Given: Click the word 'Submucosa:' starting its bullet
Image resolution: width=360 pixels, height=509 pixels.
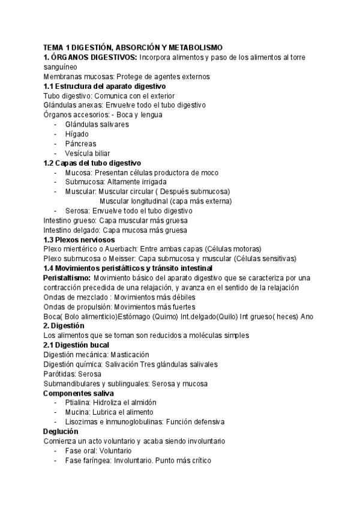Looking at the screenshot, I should tap(84, 182).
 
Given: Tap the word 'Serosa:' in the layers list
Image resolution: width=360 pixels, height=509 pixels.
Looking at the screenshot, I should tap(79, 211).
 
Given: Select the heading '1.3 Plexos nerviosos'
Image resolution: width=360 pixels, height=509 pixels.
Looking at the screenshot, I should tap(79, 239).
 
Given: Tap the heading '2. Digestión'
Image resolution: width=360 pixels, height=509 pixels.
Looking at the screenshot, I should tap(63, 326).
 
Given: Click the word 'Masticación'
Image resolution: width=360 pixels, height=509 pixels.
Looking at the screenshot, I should tap(128, 355).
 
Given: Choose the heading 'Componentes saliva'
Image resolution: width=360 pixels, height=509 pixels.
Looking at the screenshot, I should tap(79, 393).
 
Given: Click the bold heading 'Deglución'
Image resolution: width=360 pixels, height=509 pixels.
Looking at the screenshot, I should tap(61, 432).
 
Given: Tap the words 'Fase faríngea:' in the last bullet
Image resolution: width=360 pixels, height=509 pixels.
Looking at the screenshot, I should tap(89, 460).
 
